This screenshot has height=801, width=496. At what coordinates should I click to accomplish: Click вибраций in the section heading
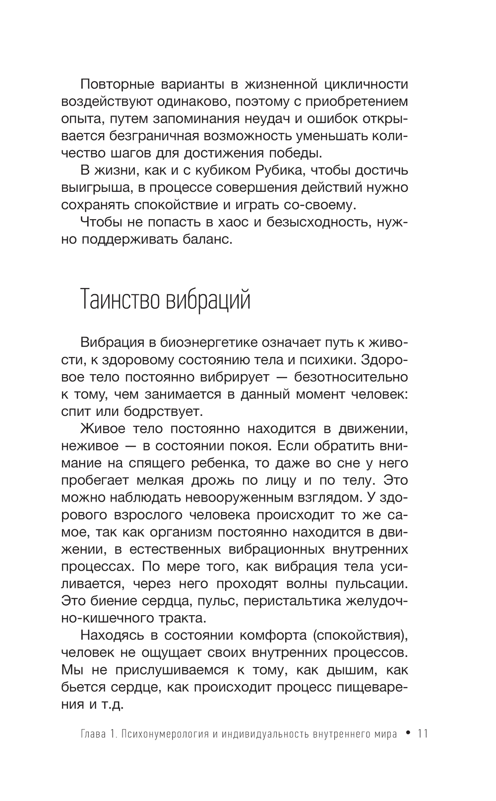207,301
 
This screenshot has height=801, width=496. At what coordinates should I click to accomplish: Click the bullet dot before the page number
408,734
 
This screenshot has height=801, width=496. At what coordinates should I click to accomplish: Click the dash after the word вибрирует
281,377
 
